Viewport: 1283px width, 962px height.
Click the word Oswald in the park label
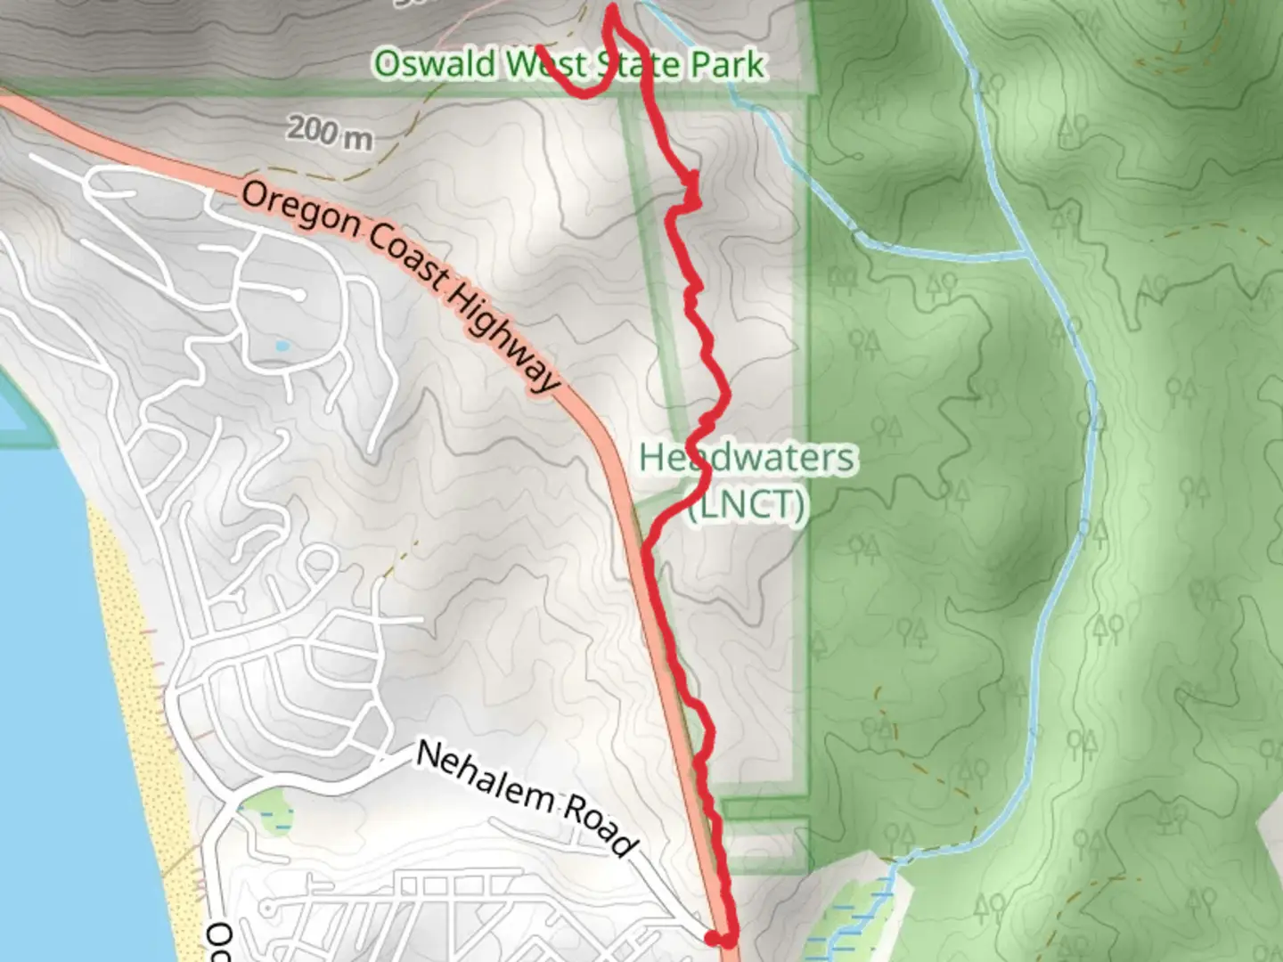435,64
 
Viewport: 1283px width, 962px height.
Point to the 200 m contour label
330,133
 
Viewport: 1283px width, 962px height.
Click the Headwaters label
747,458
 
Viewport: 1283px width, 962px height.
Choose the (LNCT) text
747,505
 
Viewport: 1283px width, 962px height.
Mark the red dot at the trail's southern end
712,937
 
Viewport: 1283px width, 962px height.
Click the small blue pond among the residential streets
282,346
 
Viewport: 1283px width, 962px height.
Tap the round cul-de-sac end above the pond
299,293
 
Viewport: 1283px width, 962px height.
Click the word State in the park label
640,64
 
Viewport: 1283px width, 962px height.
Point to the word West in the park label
547,64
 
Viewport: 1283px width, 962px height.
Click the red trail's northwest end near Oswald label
538,50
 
